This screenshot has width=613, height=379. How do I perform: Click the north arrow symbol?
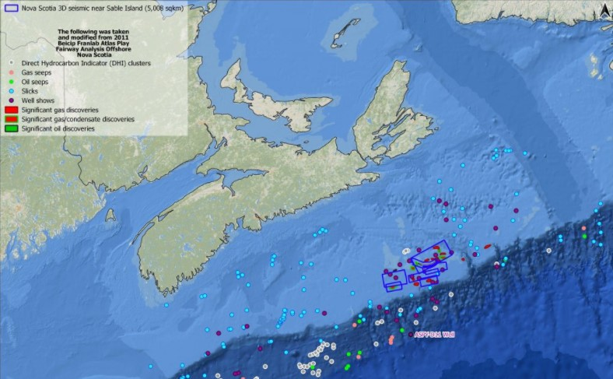click(x=604, y=10)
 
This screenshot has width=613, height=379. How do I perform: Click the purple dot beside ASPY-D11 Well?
click(x=411, y=335)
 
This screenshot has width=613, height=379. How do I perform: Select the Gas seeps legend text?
click(x=36, y=72)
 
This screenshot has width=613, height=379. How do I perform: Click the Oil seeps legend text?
click(x=35, y=81)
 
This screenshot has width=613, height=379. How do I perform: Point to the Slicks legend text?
click(x=31, y=90)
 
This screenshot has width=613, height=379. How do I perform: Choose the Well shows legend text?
click(x=38, y=100)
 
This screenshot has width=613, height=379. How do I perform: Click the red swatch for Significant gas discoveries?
click(x=10, y=110)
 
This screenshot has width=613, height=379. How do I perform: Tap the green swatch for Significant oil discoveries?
click(x=10, y=128)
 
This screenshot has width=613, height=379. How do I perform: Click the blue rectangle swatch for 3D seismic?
click(x=10, y=9)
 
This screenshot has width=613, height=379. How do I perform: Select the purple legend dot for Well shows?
click(x=10, y=100)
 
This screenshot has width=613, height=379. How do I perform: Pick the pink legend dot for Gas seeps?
click(x=10, y=72)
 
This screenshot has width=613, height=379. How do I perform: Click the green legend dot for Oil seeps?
click(x=10, y=81)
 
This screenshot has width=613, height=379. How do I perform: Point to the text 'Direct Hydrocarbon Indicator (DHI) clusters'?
click(x=86, y=62)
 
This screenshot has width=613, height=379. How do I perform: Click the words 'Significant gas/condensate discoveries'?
click(x=78, y=119)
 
